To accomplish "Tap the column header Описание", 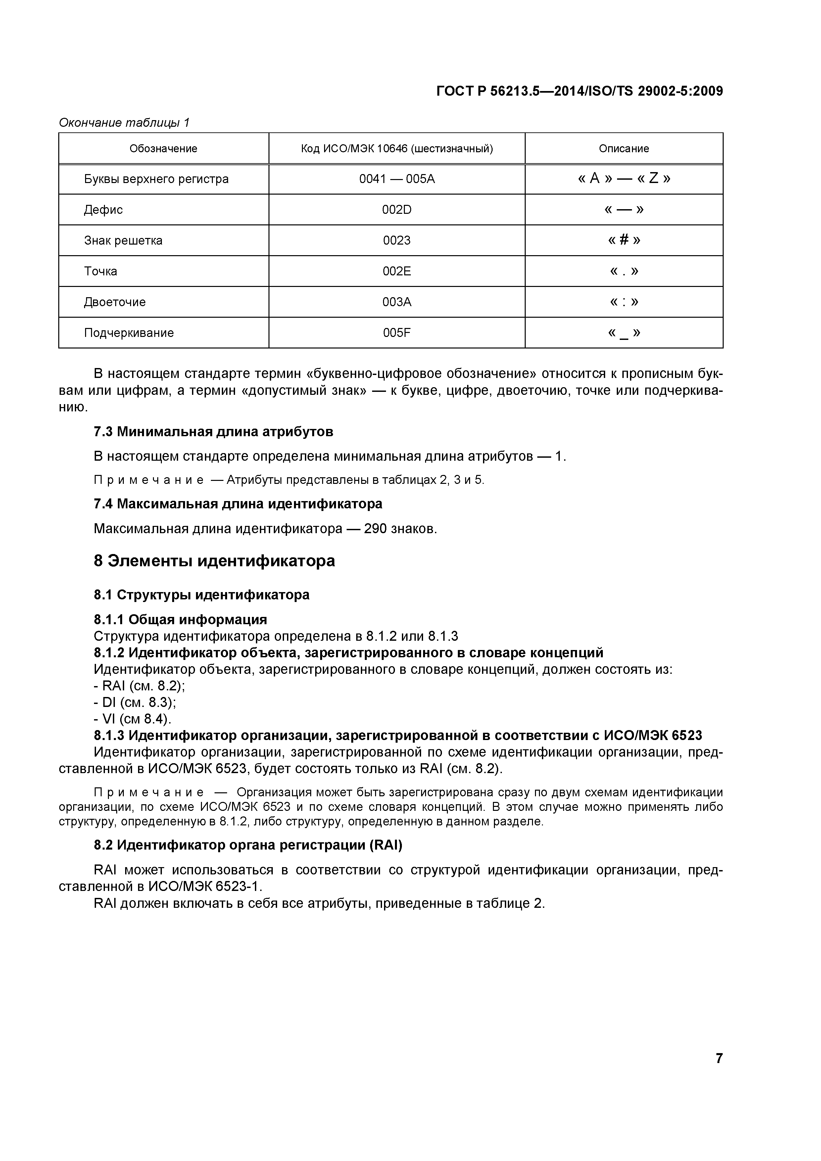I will [623, 149].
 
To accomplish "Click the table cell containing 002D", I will [397, 210].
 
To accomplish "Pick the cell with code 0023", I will [397, 241].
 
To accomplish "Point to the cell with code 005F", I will [397, 333].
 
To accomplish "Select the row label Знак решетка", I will [123, 241].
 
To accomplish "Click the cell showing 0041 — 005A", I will [397, 179].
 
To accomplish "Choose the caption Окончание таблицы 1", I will [124, 122].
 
